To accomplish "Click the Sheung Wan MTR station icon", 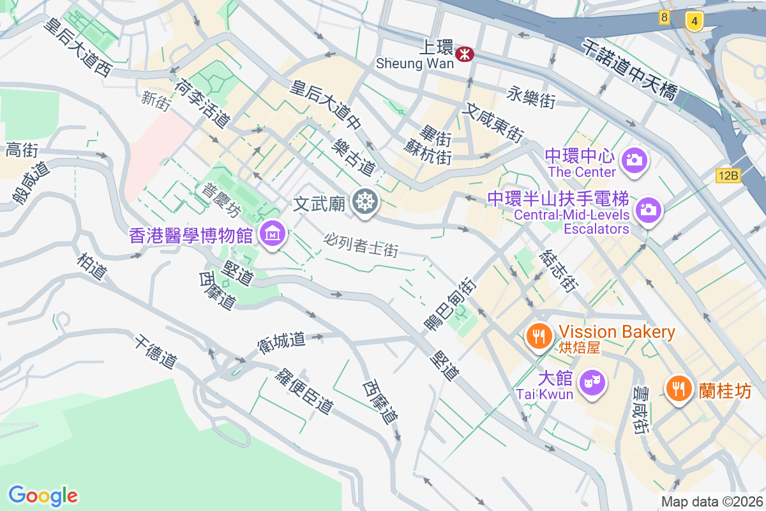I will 464,56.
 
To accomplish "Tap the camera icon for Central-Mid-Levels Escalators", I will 648,209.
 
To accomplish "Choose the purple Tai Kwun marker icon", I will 592,383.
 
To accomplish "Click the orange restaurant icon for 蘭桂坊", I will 679,387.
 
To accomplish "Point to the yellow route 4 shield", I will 694,20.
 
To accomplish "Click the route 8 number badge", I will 665,18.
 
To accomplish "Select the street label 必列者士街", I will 361,245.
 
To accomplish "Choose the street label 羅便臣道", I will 304,390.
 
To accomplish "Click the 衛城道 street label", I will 281,340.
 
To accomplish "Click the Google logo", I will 43,496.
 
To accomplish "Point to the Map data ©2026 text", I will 712,502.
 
